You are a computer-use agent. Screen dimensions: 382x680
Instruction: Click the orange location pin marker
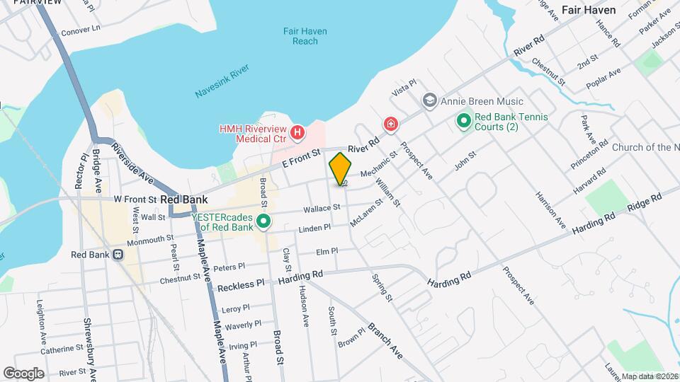click(x=340, y=168)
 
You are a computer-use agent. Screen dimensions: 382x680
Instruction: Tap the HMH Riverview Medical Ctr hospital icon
click(x=298, y=132)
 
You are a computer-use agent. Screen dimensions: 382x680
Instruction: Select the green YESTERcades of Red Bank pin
click(x=264, y=222)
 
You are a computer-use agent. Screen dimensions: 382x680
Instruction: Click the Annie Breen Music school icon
click(x=429, y=101)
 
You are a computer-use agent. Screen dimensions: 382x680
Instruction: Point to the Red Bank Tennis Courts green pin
click(x=464, y=122)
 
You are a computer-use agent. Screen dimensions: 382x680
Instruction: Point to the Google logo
click(x=23, y=373)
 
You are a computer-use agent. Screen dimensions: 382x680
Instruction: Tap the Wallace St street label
click(x=322, y=208)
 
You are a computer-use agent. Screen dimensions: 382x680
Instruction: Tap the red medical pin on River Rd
click(x=390, y=125)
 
